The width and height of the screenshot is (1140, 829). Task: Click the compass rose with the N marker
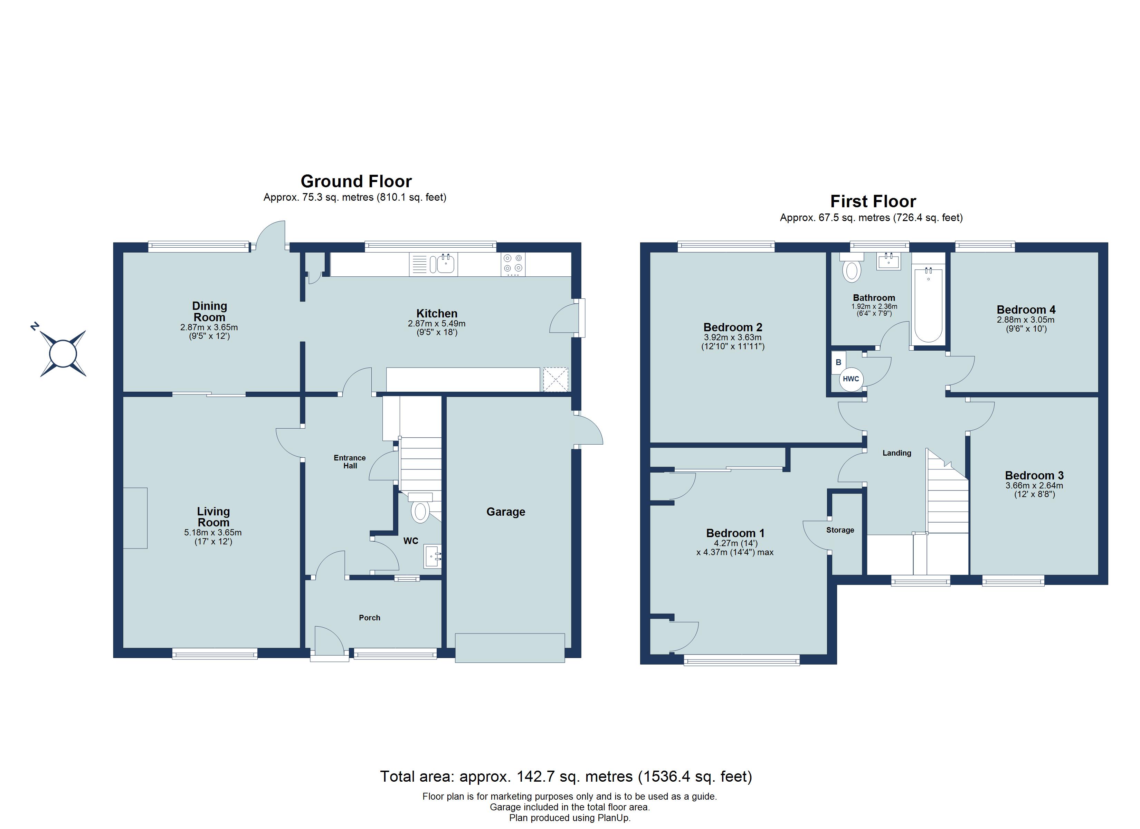pyautogui.click(x=63, y=353)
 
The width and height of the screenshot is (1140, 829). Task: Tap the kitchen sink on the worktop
pyautogui.click(x=445, y=264)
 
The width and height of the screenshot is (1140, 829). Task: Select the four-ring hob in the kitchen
pyautogui.click(x=513, y=264)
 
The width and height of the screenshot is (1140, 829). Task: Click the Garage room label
pyautogui.click(x=506, y=512)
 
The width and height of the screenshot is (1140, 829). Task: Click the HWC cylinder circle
pyautogui.click(x=851, y=379)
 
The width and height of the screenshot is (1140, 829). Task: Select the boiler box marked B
pyautogui.click(x=838, y=362)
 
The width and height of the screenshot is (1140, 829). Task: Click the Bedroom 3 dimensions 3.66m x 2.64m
pyautogui.click(x=1034, y=486)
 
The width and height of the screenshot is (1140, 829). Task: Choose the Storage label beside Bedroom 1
pyautogui.click(x=840, y=530)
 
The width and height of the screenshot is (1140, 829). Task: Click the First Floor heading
pyautogui.click(x=873, y=201)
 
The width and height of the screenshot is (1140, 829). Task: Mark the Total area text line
pyautogui.click(x=566, y=777)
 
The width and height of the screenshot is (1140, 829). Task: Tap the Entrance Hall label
pyautogui.click(x=350, y=461)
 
